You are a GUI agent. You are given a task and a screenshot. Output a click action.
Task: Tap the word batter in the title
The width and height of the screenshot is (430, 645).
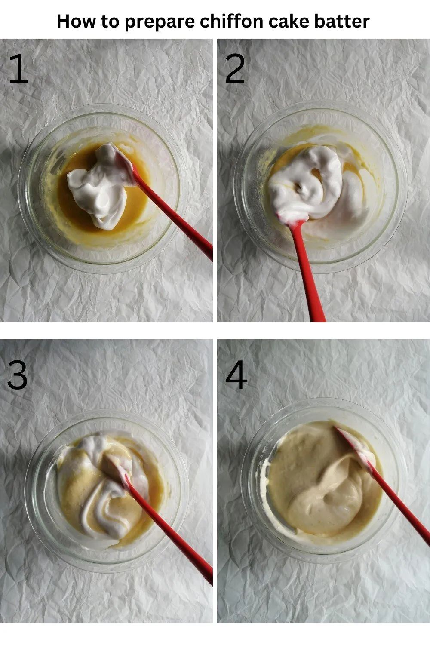tap(342, 21)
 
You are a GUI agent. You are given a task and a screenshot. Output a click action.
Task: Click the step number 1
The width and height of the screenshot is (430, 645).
tap(19, 68)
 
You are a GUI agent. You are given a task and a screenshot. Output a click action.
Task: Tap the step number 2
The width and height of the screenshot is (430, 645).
tap(235, 68)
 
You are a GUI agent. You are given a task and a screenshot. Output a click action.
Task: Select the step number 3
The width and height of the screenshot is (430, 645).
tap(17, 375)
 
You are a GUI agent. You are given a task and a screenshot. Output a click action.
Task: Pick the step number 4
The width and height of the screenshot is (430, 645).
tap(236, 375)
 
